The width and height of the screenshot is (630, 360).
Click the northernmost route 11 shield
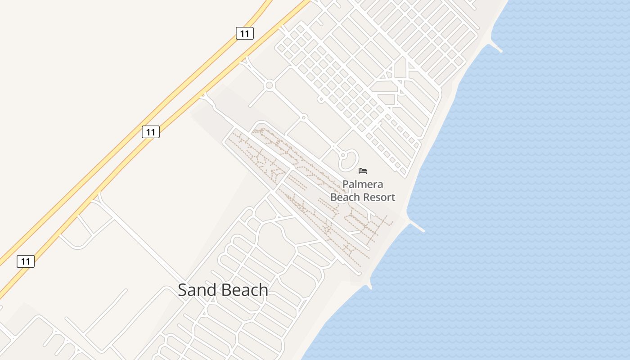coord(245,33)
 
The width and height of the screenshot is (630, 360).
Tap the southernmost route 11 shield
coord(26,261)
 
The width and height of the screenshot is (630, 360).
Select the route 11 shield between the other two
coord(151,132)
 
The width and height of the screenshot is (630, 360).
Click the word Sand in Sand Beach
coord(196,290)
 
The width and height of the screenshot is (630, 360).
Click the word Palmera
coord(363,184)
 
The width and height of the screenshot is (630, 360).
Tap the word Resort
coord(379,197)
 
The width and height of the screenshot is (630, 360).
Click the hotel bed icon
coord(363,171)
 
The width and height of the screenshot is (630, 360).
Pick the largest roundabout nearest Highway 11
coord(270,85)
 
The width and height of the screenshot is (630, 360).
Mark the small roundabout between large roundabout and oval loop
coord(304,117)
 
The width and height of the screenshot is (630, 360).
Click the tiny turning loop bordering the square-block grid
coord(321,99)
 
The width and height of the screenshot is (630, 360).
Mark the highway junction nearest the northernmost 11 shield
coord(245,58)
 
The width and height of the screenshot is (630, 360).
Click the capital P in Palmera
coord(346,184)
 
